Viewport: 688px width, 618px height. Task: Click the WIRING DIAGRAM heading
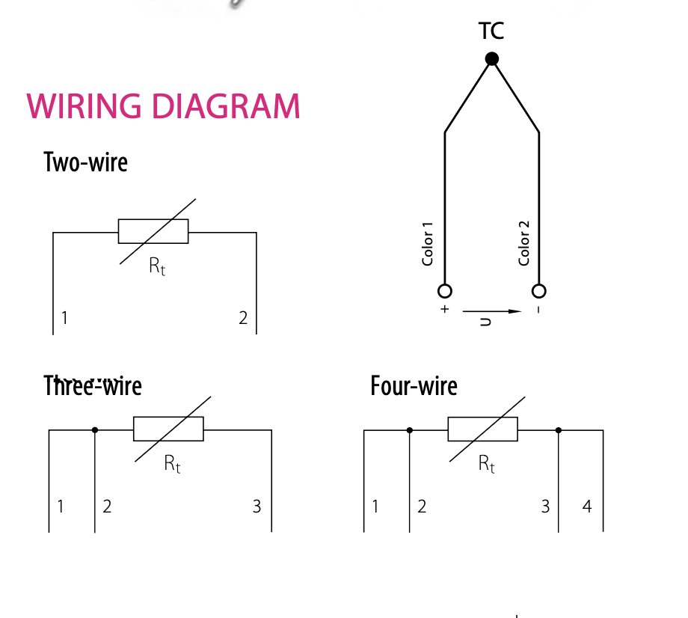[x=163, y=106]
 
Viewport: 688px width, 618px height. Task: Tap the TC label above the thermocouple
[x=491, y=31]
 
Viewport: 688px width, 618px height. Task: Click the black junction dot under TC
[x=491, y=58]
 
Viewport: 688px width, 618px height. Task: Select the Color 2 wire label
[x=523, y=243]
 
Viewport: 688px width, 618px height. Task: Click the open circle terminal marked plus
[x=445, y=290]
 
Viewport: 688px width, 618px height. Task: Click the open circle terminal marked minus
[x=538, y=290]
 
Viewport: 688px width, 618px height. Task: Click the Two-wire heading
[x=85, y=162]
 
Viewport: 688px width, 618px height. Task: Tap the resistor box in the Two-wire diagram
[x=153, y=231]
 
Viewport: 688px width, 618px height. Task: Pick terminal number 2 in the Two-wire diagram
[x=243, y=318]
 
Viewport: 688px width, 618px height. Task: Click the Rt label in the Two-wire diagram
[x=157, y=266]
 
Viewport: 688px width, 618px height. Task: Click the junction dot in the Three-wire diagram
[x=94, y=430]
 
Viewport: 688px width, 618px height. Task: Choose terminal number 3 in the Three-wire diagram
[x=257, y=507]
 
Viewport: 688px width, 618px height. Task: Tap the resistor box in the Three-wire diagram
[x=168, y=429]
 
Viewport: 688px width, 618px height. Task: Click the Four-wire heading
[x=414, y=386]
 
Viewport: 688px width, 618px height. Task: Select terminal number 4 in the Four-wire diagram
[x=587, y=507]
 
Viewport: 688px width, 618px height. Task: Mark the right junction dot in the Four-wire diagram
[x=558, y=430]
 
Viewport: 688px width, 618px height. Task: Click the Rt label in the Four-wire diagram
[x=487, y=464]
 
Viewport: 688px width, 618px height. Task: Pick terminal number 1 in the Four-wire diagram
[x=375, y=507]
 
